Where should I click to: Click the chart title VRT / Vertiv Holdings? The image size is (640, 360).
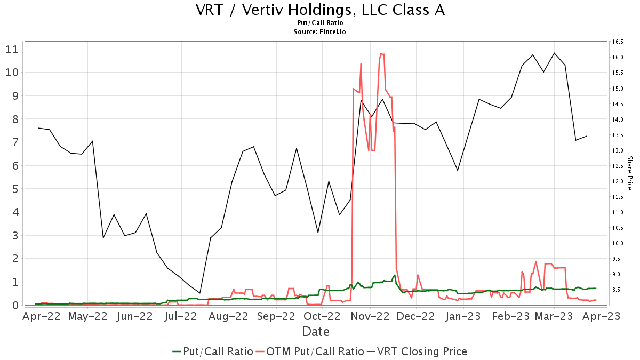coord(320,10)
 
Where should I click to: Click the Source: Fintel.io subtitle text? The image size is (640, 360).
coord(320,32)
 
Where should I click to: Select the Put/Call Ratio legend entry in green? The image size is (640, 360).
coord(213,351)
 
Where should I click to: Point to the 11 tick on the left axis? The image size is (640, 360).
coord(12,49)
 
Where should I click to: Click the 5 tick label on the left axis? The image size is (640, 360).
coord(15,189)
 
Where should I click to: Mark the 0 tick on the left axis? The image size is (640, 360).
coord(15,305)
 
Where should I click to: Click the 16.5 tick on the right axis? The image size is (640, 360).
coord(618,42)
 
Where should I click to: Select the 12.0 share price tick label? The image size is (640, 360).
coord(618,181)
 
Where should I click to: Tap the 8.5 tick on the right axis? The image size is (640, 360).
coord(618,290)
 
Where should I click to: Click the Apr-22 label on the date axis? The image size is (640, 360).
coord(42,316)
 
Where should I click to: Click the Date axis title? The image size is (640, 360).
coord(315,332)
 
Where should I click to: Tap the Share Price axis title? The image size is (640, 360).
coord(629,173)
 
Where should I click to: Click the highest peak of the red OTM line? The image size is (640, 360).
coord(381,53)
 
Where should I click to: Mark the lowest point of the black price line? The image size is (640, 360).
coord(200,293)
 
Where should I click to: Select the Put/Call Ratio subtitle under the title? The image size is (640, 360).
coord(320,23)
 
